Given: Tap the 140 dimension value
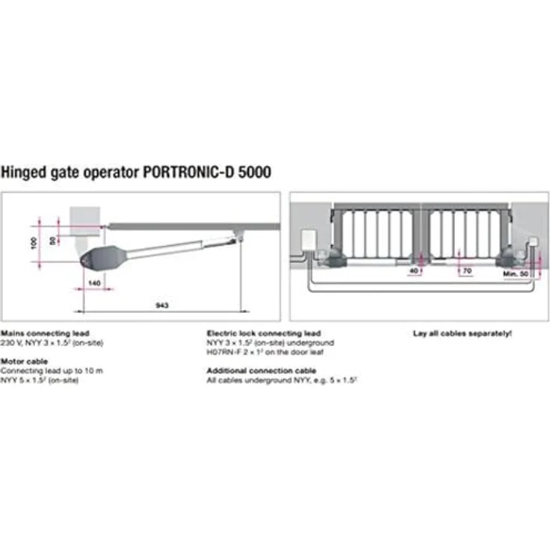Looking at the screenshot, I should [93, 284].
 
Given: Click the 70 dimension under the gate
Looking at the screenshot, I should [466, 271].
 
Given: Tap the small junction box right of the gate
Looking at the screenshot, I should [532, 243].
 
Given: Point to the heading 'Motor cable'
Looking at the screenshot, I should [24, 361].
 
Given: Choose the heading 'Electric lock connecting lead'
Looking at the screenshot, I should [264, 333].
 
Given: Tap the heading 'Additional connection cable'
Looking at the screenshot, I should [261, 371].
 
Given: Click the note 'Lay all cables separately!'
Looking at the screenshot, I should [463, 333].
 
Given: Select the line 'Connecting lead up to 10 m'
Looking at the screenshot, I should [52, 371].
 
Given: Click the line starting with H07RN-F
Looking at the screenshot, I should [265, 352].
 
